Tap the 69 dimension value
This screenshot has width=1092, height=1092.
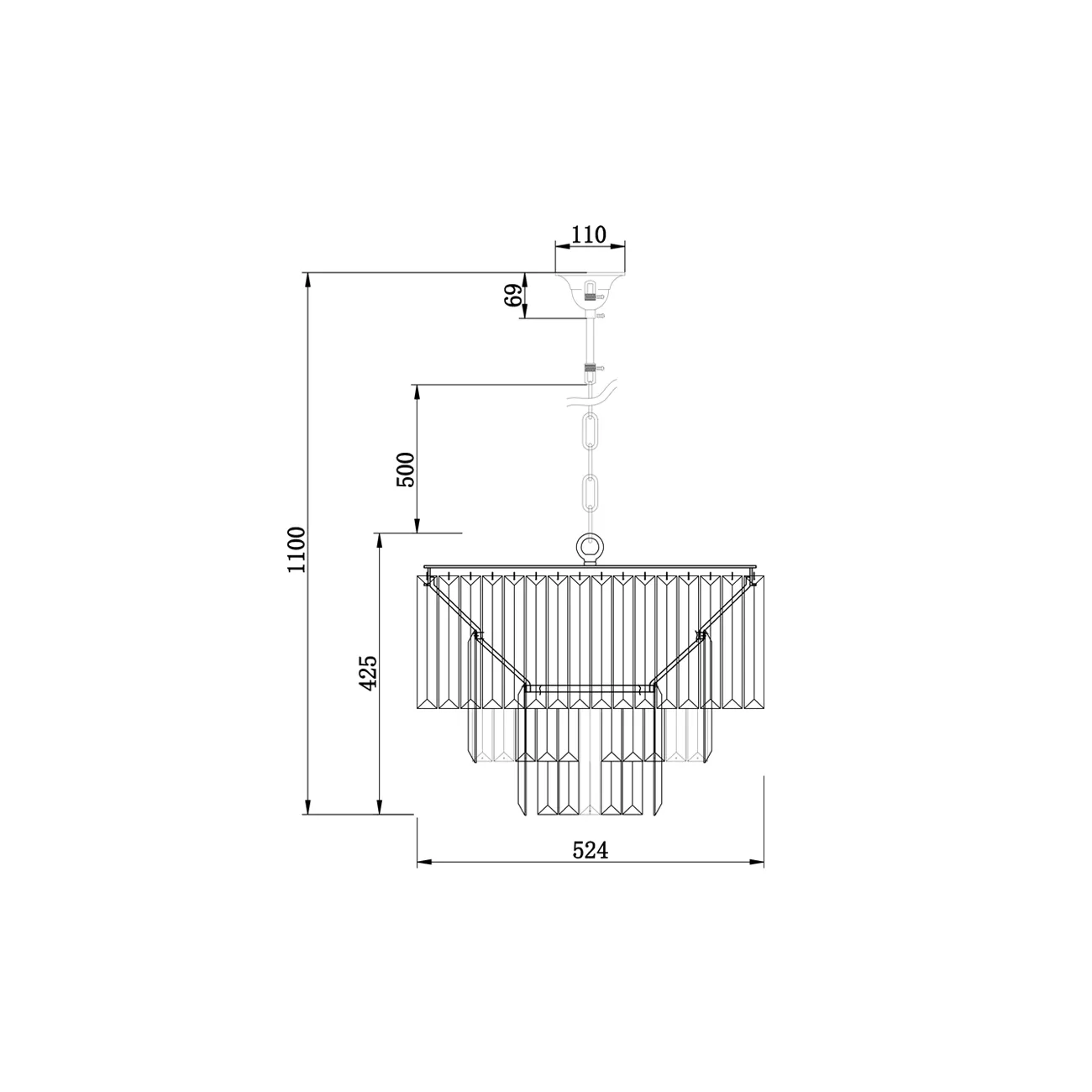513,295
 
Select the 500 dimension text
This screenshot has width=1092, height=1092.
406,470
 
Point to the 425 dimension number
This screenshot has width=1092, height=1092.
369,673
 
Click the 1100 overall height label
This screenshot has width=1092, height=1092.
297,549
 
